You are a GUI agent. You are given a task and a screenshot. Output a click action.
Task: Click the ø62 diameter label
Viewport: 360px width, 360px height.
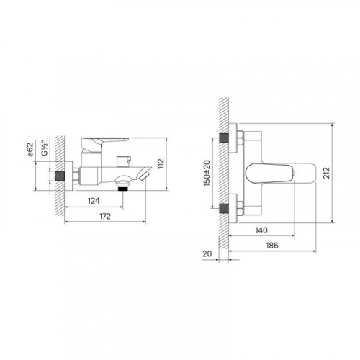30,150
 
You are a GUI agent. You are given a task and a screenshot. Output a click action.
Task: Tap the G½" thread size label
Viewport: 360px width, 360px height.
45,148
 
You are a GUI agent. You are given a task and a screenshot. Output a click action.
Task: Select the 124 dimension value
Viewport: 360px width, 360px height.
94,201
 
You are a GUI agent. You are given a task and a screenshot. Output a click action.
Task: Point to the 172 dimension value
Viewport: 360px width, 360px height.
105,216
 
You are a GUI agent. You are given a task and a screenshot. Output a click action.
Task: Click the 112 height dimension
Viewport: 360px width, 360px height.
161,163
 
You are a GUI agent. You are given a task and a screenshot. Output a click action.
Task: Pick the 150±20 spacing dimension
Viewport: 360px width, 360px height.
207,174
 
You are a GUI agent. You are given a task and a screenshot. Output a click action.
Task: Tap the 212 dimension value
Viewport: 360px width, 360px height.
326,173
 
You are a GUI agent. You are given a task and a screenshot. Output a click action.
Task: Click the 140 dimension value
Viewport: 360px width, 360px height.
261,230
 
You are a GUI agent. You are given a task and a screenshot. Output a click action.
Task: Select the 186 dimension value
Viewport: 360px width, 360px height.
272,246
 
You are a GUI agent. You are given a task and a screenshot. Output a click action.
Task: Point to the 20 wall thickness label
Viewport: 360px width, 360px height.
207,253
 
